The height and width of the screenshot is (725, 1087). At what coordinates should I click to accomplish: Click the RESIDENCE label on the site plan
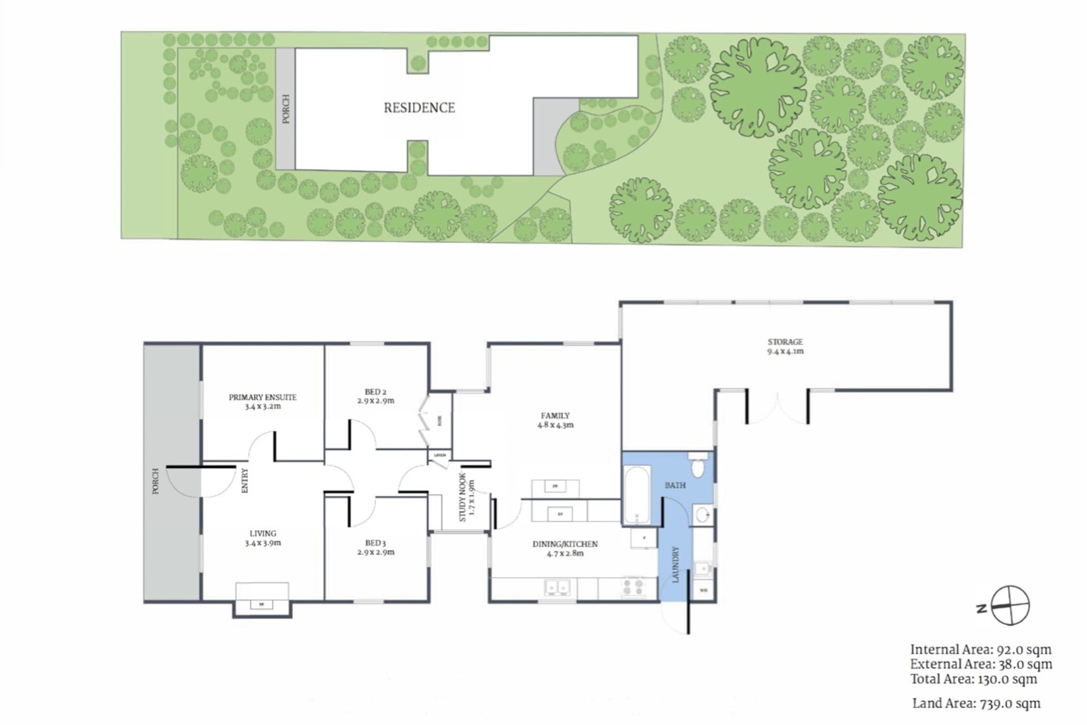tap(419, 108)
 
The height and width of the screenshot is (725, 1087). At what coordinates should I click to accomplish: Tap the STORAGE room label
tap(785, 342)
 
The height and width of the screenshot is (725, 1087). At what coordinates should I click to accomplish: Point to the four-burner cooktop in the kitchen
tap(633, 587)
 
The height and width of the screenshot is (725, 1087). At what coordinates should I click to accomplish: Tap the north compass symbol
tap(1009, 605)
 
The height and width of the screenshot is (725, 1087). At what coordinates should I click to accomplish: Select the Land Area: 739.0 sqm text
tap(976, 703)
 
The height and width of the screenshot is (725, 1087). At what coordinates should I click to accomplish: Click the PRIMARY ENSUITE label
tap(262, 398)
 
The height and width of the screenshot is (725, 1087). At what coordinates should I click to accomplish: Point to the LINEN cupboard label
tap(440, 455)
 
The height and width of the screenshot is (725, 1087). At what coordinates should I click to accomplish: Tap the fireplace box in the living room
tap(261, 604)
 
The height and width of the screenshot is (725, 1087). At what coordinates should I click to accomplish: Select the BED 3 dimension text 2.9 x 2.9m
tap(375, 552)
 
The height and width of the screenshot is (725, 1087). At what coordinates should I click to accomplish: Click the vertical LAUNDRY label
tap(676, 564)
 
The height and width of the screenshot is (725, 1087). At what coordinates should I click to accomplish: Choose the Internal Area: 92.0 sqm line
tap(981, 650)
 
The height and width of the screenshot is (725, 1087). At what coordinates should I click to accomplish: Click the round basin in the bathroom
tap(702, 515)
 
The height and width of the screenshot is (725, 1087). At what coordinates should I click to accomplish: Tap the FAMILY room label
tap(555, 416)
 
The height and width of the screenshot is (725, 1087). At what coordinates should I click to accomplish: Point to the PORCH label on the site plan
tap(286, 109)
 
